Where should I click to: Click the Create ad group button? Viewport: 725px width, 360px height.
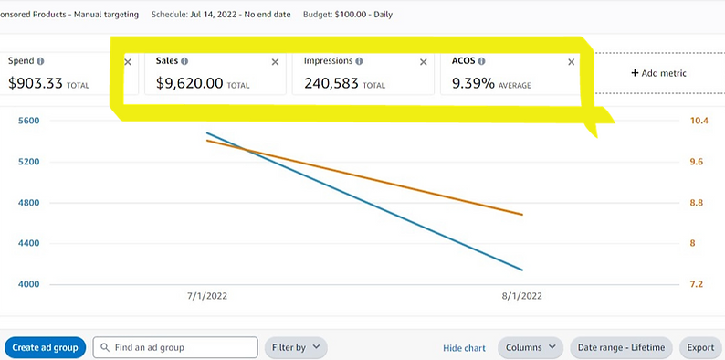(x=45, y=347)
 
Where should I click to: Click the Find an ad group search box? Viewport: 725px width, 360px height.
(x=175, y=347)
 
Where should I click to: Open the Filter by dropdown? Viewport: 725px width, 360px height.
(x=295, y=347)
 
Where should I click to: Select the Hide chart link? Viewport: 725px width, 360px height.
(x=464, y=348)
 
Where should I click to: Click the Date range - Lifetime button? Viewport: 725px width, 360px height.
(x=621, y=347)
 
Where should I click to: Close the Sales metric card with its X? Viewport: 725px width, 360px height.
(x=275, y=62)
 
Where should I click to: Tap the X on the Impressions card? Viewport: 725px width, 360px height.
(x=423, y=62)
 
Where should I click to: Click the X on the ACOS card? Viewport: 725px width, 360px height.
(x=572, y=62)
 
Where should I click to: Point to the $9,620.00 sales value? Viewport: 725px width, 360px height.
(x=189, y=83)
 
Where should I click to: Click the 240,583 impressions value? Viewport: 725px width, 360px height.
(x=331, y=83)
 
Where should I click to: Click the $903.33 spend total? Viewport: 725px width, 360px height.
(x=34, y=83)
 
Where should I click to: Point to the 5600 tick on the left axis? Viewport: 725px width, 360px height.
(x=29, y=121)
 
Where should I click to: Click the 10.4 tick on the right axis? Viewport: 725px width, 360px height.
(x=698, y=121)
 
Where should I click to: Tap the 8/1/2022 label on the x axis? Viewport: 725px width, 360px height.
(x=522, y=296)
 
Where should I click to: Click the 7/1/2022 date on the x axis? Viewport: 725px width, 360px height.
(x=206, y=296)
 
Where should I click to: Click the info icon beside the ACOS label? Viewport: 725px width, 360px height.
(x=481, y=61)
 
